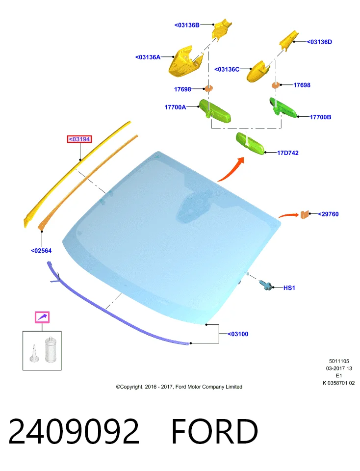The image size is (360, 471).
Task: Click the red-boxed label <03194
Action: coord(79,139)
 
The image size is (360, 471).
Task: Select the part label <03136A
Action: coord(148,57)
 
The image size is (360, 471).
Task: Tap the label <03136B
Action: coord(187,25)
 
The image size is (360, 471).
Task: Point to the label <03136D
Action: coord(319,42)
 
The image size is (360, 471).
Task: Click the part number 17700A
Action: coord(175,107)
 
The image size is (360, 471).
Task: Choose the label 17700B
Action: coord(320,117)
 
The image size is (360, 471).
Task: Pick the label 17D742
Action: coord(287,153)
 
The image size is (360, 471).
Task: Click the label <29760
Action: coord(328,214)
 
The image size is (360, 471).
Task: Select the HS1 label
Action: coord(289,288)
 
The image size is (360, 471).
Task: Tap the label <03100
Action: coord(238,334)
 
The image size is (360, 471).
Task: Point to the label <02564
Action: coord(41,251)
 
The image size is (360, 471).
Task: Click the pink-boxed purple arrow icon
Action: coord(42,317)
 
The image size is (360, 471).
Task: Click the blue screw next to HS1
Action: coord(266,285)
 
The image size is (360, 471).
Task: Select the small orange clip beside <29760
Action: coord(305,214)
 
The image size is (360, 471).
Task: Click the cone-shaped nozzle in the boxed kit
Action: coord(34,354)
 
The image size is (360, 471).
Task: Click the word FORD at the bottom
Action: coord(214,431)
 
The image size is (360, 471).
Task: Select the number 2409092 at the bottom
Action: coord(74,431)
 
